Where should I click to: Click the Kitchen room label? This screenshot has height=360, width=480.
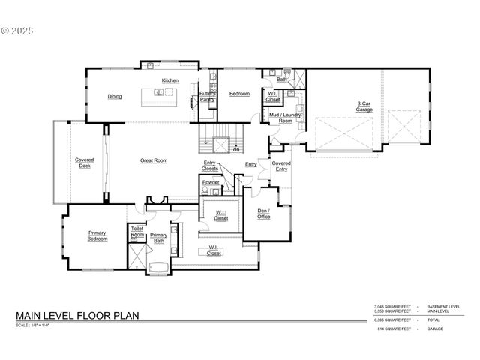pyautogui.click(x=170, y=80)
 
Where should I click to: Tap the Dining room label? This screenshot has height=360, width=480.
pyautogui.click(x=115, y=96)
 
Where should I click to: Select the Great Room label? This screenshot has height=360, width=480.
pyautogui.click(x=154, y=160)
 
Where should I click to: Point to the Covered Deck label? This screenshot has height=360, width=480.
pyautogui.click(x=85, y=163)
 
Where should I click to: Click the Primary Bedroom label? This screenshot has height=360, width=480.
pyautogui.click(x=97, y=235)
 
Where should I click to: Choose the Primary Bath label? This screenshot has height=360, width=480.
pyautogui.click(x=158, y=238)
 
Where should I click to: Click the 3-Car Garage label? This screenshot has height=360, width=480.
pyautogui.click(x=365, y=106)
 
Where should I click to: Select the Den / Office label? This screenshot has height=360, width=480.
pyautogui.click(x=262, y=214)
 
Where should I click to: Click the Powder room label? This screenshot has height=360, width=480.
pyautogui.click(x=211, y=182)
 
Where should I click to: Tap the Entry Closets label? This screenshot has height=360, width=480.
pyautogui.click(x=210, y=166)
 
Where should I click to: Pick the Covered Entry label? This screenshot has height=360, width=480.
pyautogui.click(x=281, y=166)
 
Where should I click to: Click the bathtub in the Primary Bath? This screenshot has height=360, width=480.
pyautogui.click(x=160, y=267)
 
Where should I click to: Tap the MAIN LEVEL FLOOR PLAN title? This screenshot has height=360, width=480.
pyautogui.click(x=77, y=316)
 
